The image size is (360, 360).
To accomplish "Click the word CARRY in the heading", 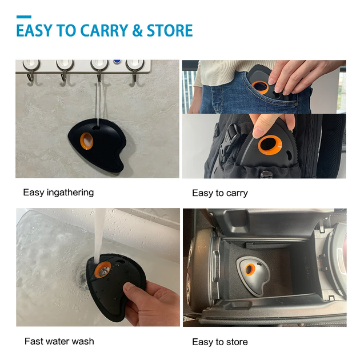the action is pos(103,30).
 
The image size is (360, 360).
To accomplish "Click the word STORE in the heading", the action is pos(170,30).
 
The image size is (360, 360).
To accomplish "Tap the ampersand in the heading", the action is pos(137,30).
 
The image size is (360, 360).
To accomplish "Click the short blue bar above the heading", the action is pos(24,17).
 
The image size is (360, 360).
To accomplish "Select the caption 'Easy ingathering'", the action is pos(58,193).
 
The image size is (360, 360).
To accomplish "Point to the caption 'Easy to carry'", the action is pos(220,193).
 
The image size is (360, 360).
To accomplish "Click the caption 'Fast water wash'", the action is pos(59,341).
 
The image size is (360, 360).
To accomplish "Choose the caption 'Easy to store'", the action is pos(220,342).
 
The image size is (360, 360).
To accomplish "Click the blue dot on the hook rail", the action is pos(117,62).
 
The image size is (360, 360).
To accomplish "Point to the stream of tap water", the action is pos(99,236).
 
